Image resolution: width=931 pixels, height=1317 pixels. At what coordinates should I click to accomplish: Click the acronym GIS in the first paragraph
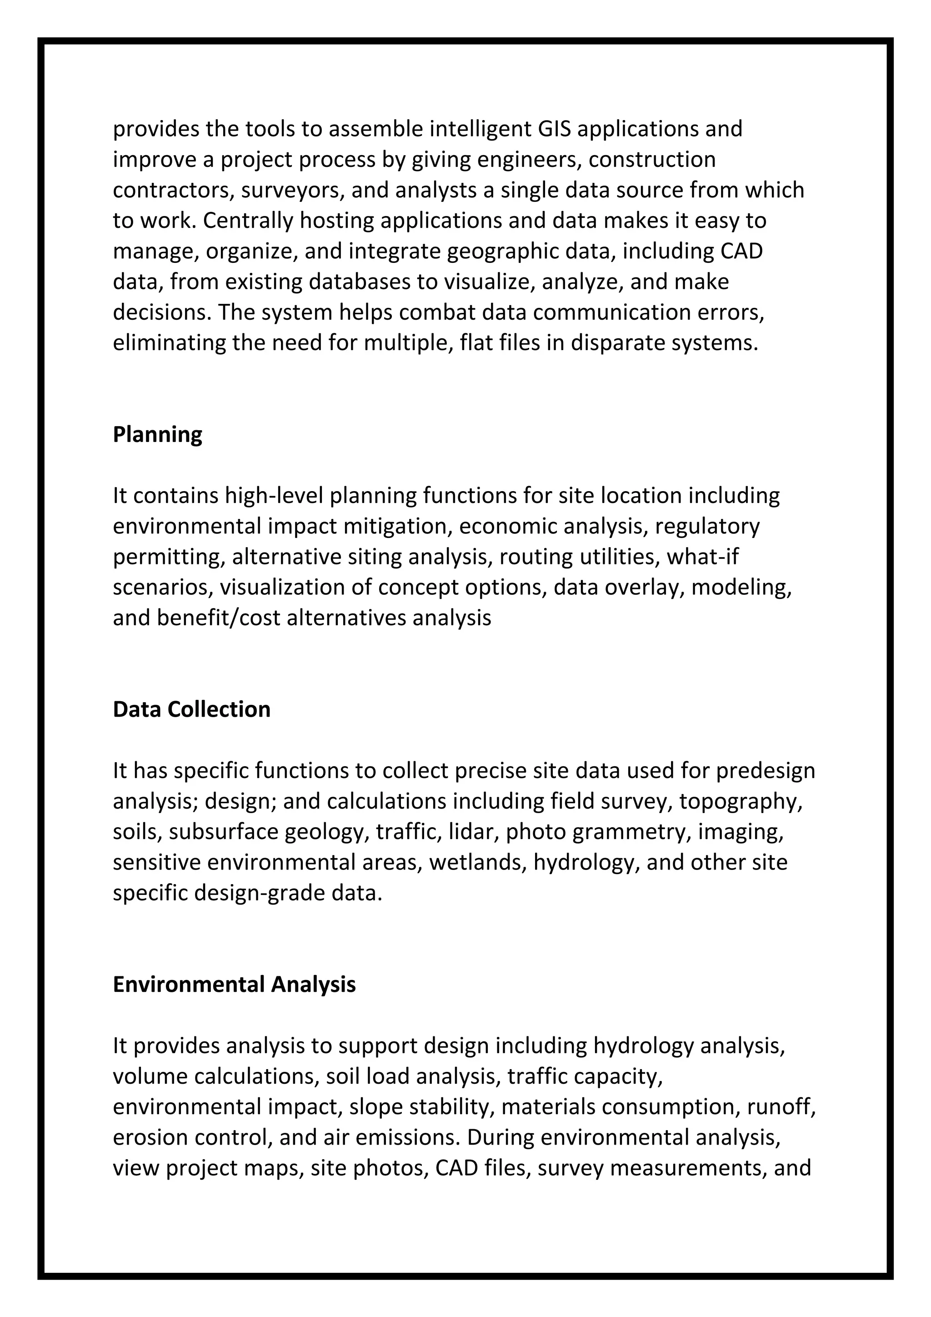[554, 129]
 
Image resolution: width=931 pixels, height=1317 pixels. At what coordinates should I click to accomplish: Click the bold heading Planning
[157, 435]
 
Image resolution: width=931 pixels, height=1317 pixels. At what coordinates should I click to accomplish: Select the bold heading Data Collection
[191, 709]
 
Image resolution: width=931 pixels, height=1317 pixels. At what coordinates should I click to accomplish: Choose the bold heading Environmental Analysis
[234, 984]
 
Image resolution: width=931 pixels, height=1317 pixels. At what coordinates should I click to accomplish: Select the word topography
[740, 801]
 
